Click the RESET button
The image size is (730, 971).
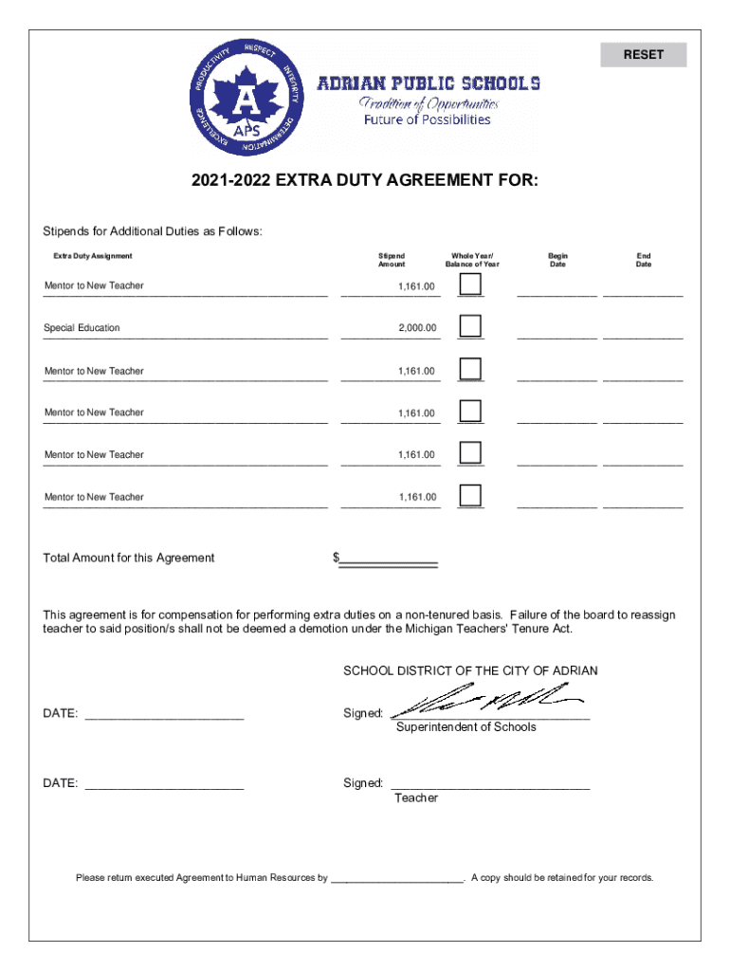pos(643,55)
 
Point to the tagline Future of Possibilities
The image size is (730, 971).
pos(428,120)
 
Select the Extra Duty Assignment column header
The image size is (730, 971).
pos(93,256)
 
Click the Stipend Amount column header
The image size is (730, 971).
pos(392,260)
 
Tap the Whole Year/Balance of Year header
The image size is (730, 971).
pos(475,260)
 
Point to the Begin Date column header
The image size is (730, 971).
pos(557,260)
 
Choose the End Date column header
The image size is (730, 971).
pos(644,260)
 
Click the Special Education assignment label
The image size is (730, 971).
pos(82,328)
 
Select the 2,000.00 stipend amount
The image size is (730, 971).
pos(417,328)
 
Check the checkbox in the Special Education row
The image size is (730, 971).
pos(470,326)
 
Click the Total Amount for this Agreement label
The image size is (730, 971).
pos(129,558)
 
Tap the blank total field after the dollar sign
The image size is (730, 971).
pos(389,558)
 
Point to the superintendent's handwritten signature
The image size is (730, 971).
pos(485,703)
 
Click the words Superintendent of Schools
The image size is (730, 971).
pos(465,727)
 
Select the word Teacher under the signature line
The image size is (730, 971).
pos(416,798)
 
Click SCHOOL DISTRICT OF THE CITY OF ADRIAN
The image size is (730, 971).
pos(470,671)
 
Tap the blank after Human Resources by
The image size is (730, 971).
pos(396,878)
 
